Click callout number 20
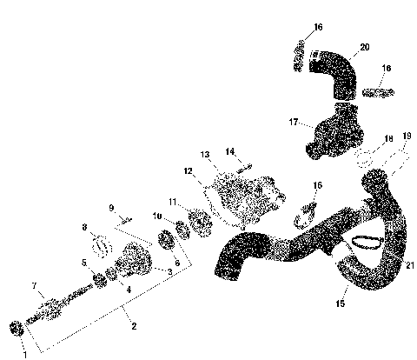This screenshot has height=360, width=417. [364, 46]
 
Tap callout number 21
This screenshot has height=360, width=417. [409, 264]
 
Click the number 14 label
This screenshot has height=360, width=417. [230, 151]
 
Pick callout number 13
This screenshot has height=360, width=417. [206, 154]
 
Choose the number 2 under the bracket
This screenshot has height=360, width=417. [134, 326]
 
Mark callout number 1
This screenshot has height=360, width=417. [24, 353]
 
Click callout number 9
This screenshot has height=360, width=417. [111, 207]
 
